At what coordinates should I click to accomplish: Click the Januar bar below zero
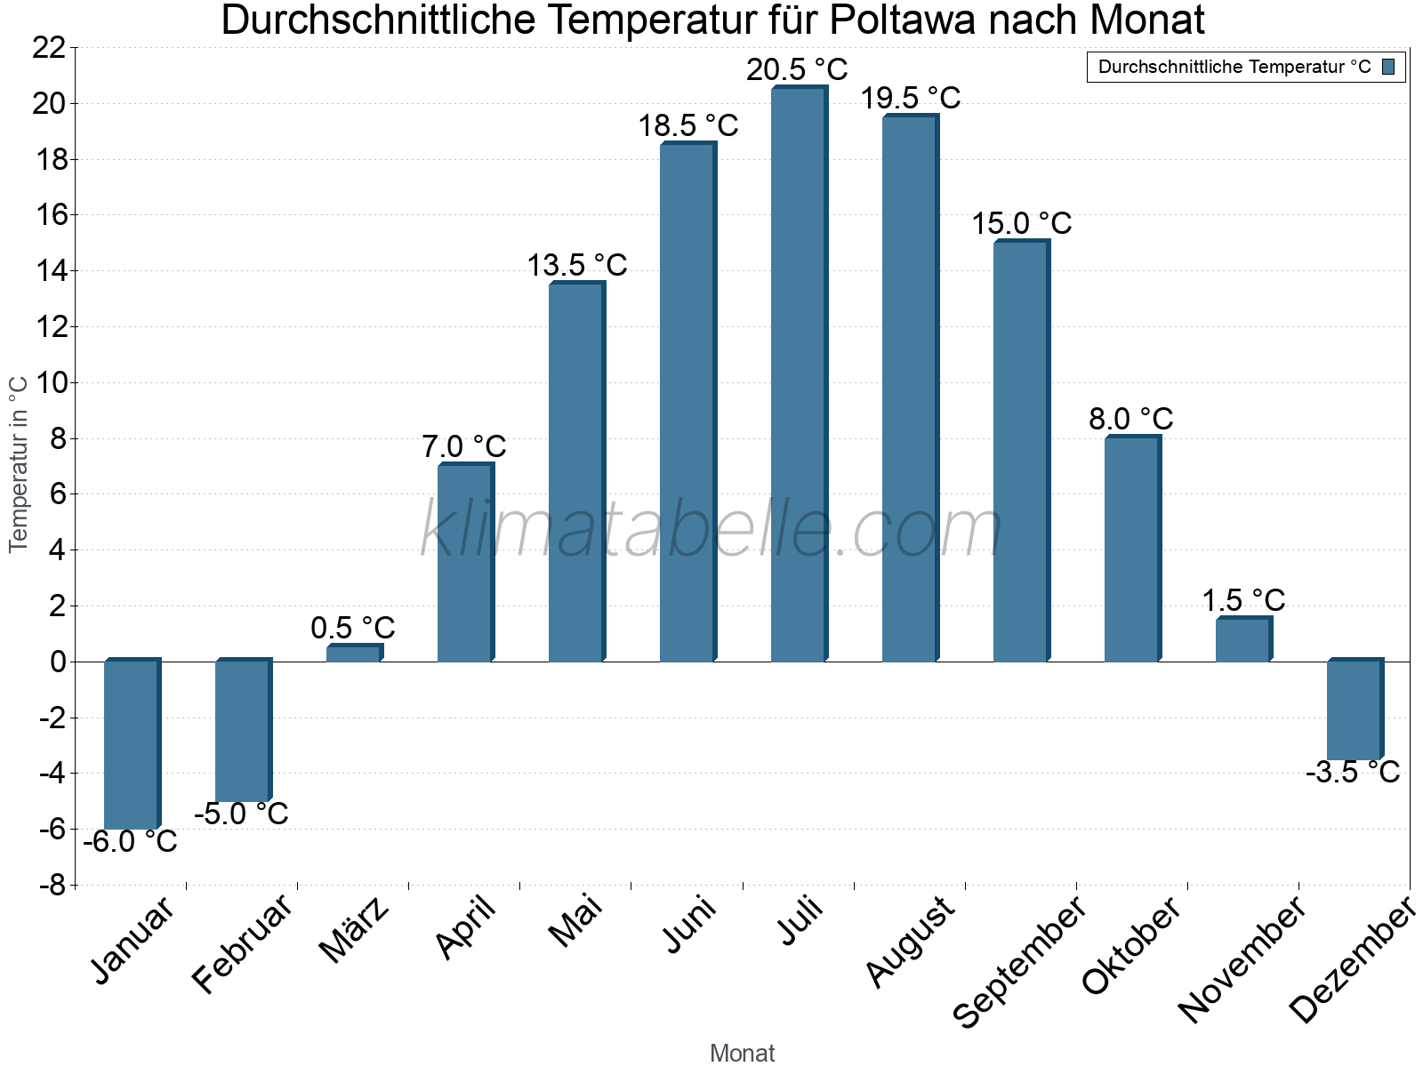131,745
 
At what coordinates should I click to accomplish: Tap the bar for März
353,653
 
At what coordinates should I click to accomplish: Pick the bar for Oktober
1131,550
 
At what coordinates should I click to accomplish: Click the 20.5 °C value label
797,69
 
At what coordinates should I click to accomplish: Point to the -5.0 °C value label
241,814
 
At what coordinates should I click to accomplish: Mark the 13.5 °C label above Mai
577,265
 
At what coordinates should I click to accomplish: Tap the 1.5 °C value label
1243,600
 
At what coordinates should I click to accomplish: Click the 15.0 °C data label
1021,223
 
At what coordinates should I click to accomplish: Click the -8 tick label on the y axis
52,886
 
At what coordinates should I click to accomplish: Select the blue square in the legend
1388,67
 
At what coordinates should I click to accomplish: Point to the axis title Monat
742,1053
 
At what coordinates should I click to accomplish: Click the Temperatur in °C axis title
19,463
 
